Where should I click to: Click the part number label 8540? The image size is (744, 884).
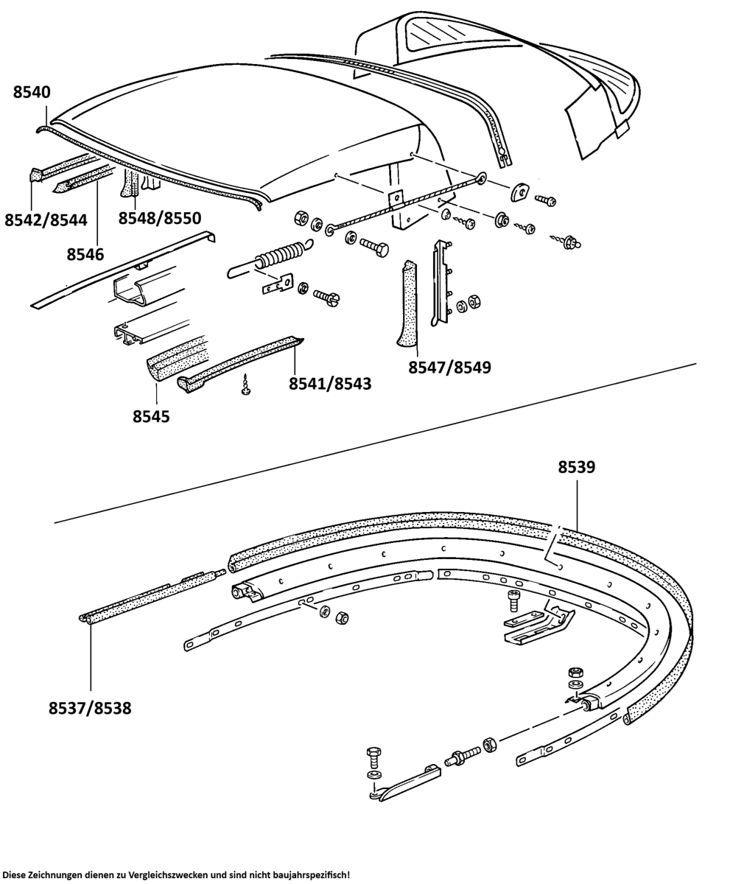pyautogui.click(x=32, y=92)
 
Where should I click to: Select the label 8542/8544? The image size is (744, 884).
pyautogui.click(x=46, y=220)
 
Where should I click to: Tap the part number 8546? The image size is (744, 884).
pyautogui.click(x=85, y=254)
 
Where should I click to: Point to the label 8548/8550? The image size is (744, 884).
pyautogui.click(x=160, y=218)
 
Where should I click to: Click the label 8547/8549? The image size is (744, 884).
pyautogui.click(x=449, y=366)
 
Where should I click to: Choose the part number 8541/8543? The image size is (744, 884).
pyautogui.click(x=330, y=383)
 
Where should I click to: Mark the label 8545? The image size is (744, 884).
pyautogui.click(x=151, y=416)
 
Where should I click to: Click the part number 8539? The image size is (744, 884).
pyautogui.click(x=577, y=467)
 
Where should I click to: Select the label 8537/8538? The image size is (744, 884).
pyautogui.click(x=90, y=708)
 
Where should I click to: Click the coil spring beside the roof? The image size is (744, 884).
pyautogui.click(x=276, y=257)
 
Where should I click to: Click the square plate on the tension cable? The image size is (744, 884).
pyautogui.click(x=396, y=197)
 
